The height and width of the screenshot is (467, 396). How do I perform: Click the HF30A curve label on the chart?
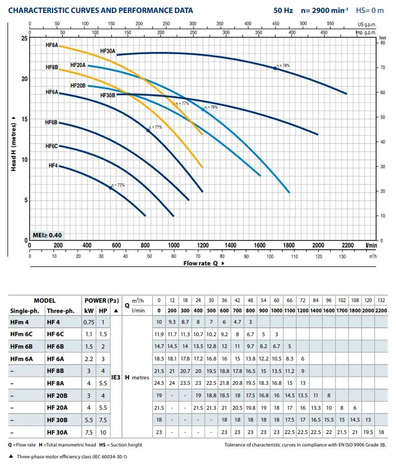(108, 51)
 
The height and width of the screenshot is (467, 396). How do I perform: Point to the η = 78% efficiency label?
(283, 65)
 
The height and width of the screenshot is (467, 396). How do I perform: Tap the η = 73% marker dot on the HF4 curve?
(111, 188)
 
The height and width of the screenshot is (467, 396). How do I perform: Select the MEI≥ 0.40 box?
(47, 235)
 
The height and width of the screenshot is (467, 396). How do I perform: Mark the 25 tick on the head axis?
(24, 38)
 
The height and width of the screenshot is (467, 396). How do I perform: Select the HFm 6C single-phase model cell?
(23, 333)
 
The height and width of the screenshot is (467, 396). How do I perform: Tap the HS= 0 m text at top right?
(370, 10)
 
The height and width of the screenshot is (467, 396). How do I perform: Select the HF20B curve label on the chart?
(78, 85)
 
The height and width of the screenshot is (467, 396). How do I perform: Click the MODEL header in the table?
(44, 300)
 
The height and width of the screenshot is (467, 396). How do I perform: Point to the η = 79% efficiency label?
(211, 107)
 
